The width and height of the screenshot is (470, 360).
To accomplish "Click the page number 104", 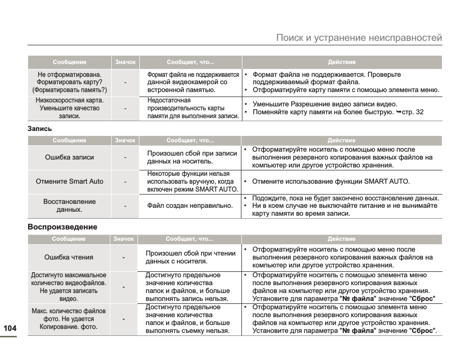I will point(9,328).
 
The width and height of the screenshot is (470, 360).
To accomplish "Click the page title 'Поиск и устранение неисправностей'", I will point(359,38).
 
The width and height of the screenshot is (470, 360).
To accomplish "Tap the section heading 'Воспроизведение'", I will point(62,227).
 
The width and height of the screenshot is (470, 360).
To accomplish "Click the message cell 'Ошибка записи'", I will point(69,158).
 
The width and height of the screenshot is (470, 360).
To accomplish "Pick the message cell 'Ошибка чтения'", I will point(68,257).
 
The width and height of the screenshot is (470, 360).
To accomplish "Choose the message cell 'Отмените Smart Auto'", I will point(69,181).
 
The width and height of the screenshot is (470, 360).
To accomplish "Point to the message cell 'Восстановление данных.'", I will point(69,205).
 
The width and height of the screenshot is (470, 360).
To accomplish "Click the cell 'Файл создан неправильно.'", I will point(190,206).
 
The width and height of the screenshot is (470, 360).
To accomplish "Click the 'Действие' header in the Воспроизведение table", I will point(341,239).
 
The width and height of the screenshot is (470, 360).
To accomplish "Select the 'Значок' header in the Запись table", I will point(125,140).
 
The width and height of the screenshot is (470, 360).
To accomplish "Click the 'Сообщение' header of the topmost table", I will point(69,62).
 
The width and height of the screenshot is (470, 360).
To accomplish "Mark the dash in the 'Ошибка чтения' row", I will point(124,257).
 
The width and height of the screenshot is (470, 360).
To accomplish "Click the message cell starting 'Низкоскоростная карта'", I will point(69,108).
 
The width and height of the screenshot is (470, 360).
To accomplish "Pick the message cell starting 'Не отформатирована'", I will point(69,82).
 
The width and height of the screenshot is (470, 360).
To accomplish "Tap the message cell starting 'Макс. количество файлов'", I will point(68,319).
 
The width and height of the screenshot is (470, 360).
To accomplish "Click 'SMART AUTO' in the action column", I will point(387,181).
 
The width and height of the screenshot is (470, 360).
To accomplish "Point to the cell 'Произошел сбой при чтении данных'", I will point(191,257).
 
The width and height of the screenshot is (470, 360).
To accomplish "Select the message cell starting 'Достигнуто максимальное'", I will point(68,287).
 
